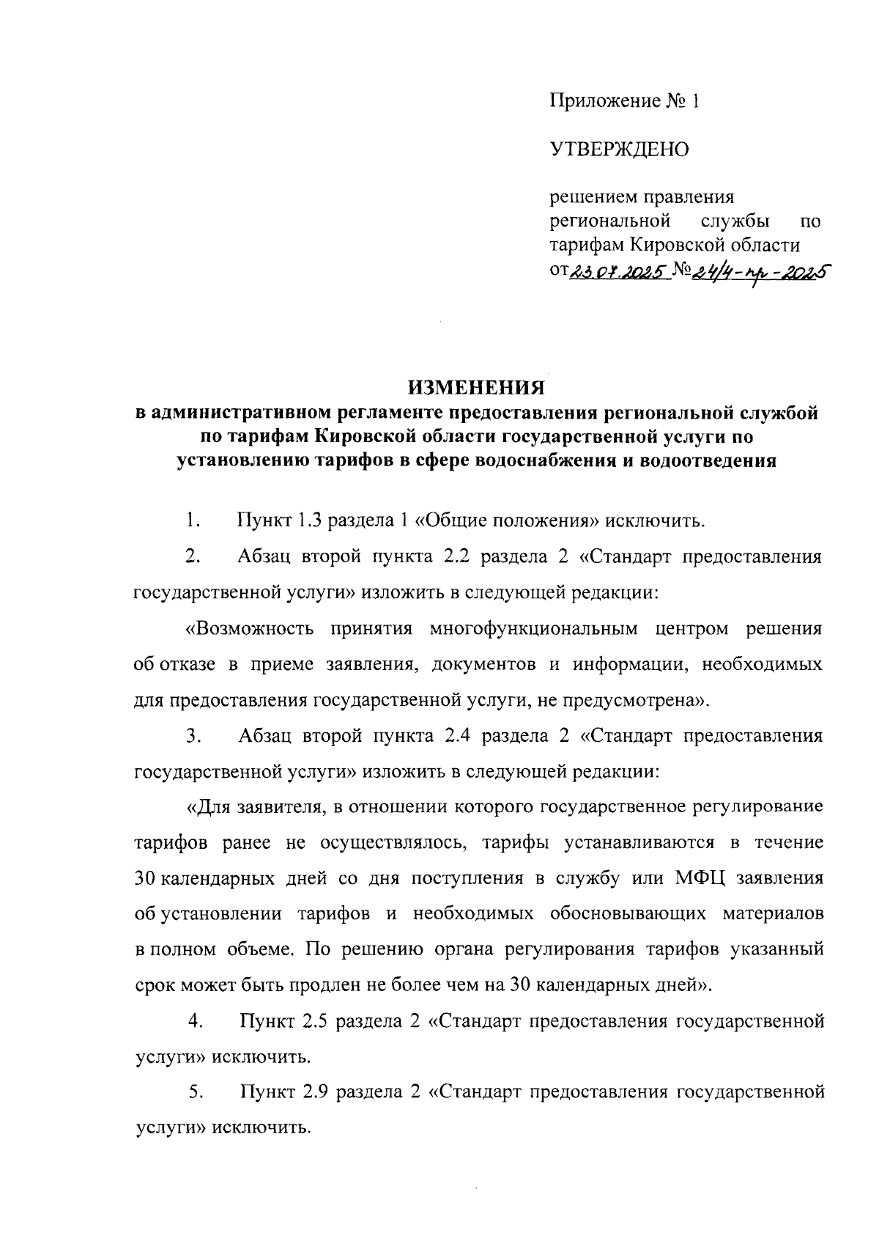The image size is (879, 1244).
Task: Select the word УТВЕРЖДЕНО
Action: (620, 150)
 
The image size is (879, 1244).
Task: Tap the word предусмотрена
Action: (635, 700)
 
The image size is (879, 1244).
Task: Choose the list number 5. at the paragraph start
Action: (195, 1093)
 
